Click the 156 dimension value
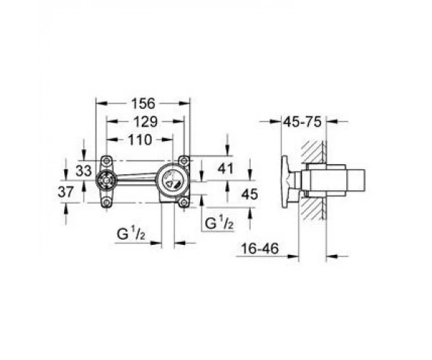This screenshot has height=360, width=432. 143,104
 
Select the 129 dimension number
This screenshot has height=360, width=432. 145,122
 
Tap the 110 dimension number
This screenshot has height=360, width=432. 140,140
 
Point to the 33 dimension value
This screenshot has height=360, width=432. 84,171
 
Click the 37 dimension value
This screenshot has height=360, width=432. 66,192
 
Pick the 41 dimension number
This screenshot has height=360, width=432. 225,168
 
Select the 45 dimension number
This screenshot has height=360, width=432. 250,194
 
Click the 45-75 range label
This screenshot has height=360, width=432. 302,122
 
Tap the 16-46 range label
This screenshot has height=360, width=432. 260,248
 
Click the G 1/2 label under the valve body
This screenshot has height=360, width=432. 130,235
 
